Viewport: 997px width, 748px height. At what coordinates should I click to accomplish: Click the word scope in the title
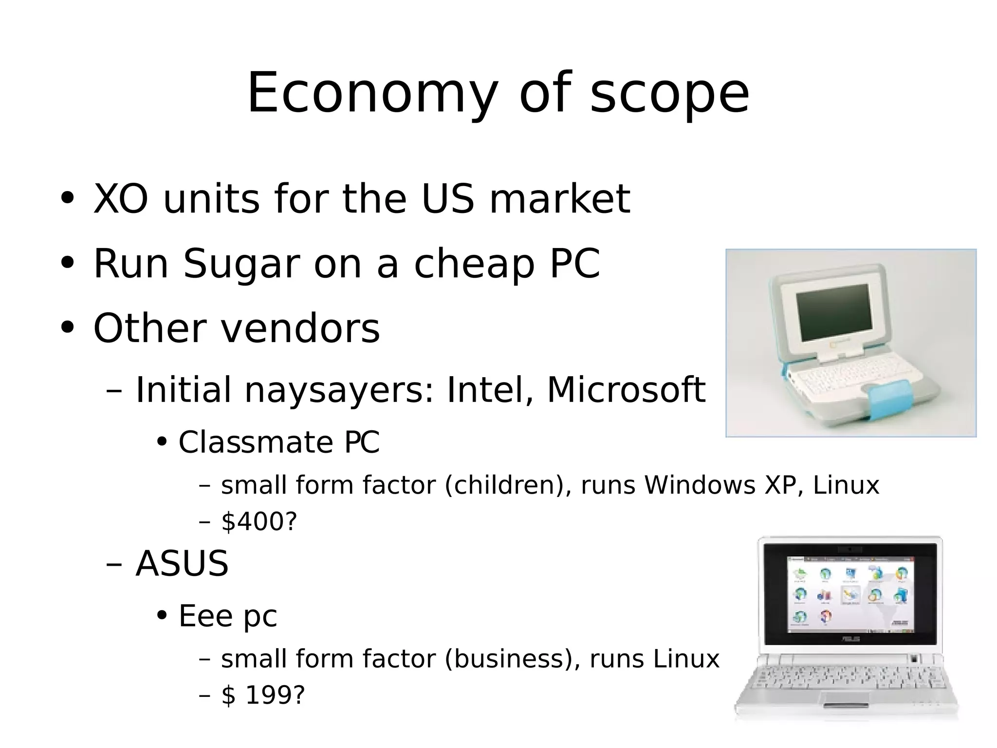tap(669, 94)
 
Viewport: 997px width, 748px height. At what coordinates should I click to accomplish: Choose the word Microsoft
tap(626, 390)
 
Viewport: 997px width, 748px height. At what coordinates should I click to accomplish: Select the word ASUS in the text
tap(182, 564)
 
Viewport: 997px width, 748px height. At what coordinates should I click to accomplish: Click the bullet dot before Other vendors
tap(67, 328)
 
